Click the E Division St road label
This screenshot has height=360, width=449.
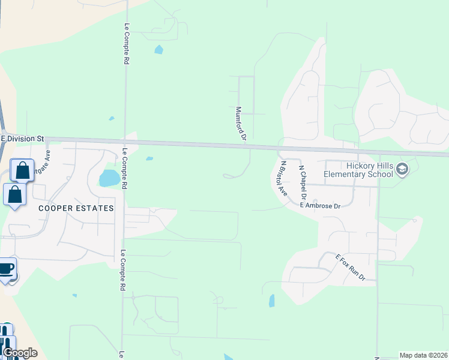pyautogui.click(x=23, y=139)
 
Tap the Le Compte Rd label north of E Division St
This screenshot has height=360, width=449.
pyautogui.click(x=127, y=44)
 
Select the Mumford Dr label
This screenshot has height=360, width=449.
pyautogui.click(x=241, y=124)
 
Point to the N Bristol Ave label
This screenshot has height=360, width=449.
pyautogui.click(x=283, y=178)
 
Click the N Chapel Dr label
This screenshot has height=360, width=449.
pyautogui.click(x=303, y=183)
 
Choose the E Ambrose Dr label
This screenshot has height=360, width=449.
pyautogui.click(x=320, y=206)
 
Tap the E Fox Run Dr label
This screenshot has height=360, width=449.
pyautogui.click(x=351, y=266)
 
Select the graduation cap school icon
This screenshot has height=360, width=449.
pyautogui.click(x=402, y=170)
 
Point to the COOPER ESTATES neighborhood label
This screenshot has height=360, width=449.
pyautogui.click(x=76, y=208)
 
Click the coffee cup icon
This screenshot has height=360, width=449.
pyautogui.click(x=6, y=269)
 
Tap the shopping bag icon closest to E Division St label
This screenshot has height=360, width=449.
pyautogui.click(x=22, y=170)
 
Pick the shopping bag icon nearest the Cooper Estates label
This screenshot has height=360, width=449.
pyautogui.click(x=15, y=195)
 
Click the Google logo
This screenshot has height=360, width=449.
pyautogui.click(x=20, y=353)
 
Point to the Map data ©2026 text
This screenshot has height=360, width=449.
pyautogui.click(x=423, y=355)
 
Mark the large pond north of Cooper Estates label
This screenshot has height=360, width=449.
pyautogui.click(x=109, y=178)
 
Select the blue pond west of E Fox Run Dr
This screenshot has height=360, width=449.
pyautogui.click(x=271, y=301)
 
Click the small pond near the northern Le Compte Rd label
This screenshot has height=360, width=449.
pyautogui.click(x=158, y=50)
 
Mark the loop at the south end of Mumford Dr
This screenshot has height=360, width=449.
pyautogui.click(x=229, y=176)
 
